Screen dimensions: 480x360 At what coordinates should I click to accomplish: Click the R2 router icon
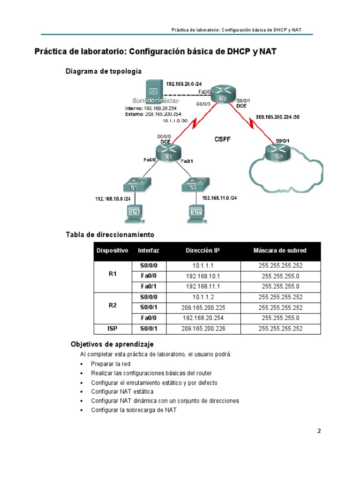click(222, 96)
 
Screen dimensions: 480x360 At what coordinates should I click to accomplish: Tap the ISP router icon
click(277, 154)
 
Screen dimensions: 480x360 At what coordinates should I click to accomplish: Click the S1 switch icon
click(134, 186)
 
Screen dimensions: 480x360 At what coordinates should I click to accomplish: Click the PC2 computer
click(196, 213)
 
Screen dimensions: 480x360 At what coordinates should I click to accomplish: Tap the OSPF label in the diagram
click(223, 139)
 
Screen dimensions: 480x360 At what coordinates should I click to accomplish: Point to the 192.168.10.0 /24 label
click(112, 199)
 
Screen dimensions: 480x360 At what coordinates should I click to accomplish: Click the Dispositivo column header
click(112, 251)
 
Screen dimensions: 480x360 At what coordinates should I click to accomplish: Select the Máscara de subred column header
click(280, 251)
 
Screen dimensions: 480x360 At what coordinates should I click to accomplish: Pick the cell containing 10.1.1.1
click(202, 266)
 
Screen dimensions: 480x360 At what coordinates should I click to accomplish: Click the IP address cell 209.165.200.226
click(202, 329)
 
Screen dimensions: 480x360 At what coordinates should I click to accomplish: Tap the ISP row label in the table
click(112, 329)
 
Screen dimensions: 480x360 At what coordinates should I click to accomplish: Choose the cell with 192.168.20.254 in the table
click(202, 318)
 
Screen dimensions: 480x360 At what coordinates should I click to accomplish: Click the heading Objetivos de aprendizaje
click(112, 344)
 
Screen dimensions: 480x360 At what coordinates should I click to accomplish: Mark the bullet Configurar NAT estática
click(122, 391)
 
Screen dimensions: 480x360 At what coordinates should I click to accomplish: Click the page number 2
click(319, 431)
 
